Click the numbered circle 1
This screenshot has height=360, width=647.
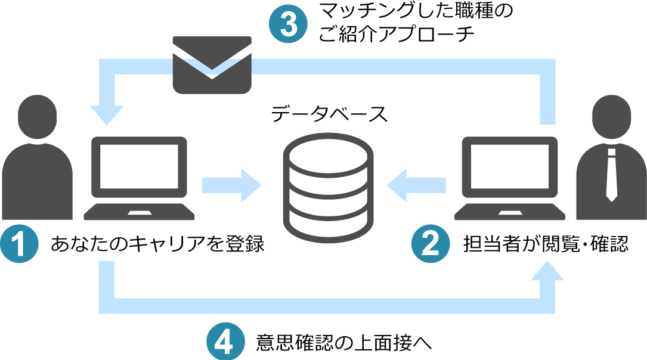click(x=20, y=244)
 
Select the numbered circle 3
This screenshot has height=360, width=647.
click(x=288, y=25)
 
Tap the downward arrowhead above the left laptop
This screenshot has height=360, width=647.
click(x=107, y=113)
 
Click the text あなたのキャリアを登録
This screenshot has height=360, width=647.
click(x=158, y=244)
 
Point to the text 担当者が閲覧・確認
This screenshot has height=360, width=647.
click(x=545, y=244)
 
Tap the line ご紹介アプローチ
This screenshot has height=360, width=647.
click(x=397, y=35)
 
